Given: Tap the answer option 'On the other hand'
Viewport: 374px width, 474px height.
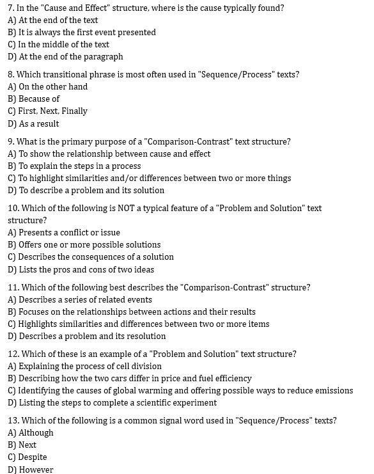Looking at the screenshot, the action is (53, 87).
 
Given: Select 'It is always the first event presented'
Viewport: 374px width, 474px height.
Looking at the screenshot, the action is (87, 33).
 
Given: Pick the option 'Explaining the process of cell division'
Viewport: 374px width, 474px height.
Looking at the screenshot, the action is (90, 367).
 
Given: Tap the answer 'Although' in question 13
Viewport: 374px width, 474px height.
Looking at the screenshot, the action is (36, 433).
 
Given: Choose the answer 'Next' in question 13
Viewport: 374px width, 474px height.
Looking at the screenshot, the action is (27, 445).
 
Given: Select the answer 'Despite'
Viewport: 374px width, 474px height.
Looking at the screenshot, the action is (33, 457).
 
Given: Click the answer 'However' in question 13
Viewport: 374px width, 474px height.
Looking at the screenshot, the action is (36, 470).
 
